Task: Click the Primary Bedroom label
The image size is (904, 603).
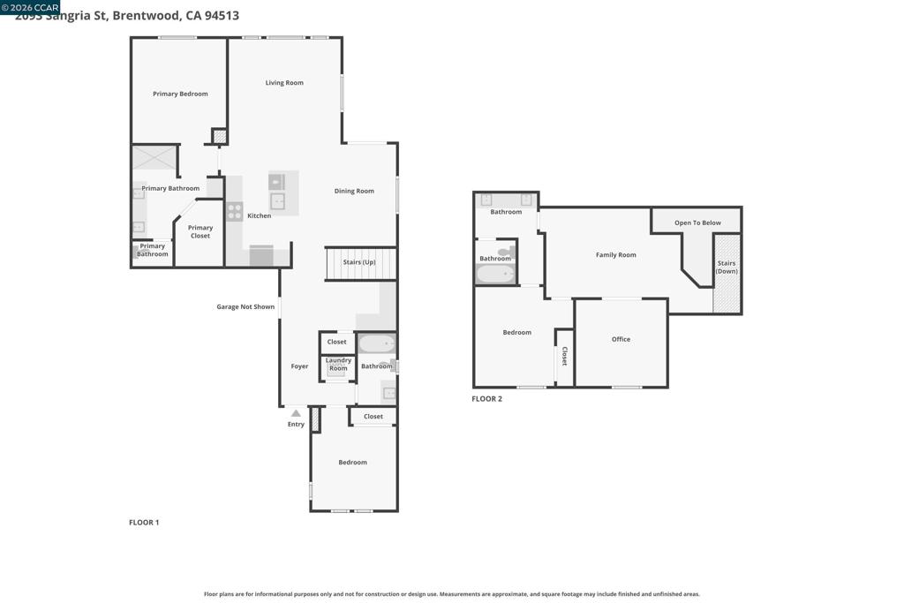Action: (180, 94)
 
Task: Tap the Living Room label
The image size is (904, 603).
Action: (284, 83)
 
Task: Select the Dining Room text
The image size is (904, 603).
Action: (354, 191)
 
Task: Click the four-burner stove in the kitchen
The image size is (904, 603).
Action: (235, 211)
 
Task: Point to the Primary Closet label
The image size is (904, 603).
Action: (200, 231)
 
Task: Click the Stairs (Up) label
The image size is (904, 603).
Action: (359, 262)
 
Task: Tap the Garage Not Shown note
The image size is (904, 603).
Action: (245, 307)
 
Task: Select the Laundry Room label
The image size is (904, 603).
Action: (338, 364)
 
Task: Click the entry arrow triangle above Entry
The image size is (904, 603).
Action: (296, 413)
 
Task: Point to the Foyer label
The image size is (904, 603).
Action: (299, 366)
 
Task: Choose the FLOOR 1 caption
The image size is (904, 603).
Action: (144, 523)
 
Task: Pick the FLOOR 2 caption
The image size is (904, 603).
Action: (486, 399)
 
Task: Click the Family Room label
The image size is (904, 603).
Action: (615, 255)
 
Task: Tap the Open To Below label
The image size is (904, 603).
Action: (697, 222)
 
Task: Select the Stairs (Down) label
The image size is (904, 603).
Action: (727, 268)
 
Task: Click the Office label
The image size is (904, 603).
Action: (621, 339)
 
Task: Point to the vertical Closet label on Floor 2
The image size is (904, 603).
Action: (564, 356)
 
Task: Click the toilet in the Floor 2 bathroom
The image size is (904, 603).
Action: (504, 253)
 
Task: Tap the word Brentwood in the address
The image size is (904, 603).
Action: (145, 15)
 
